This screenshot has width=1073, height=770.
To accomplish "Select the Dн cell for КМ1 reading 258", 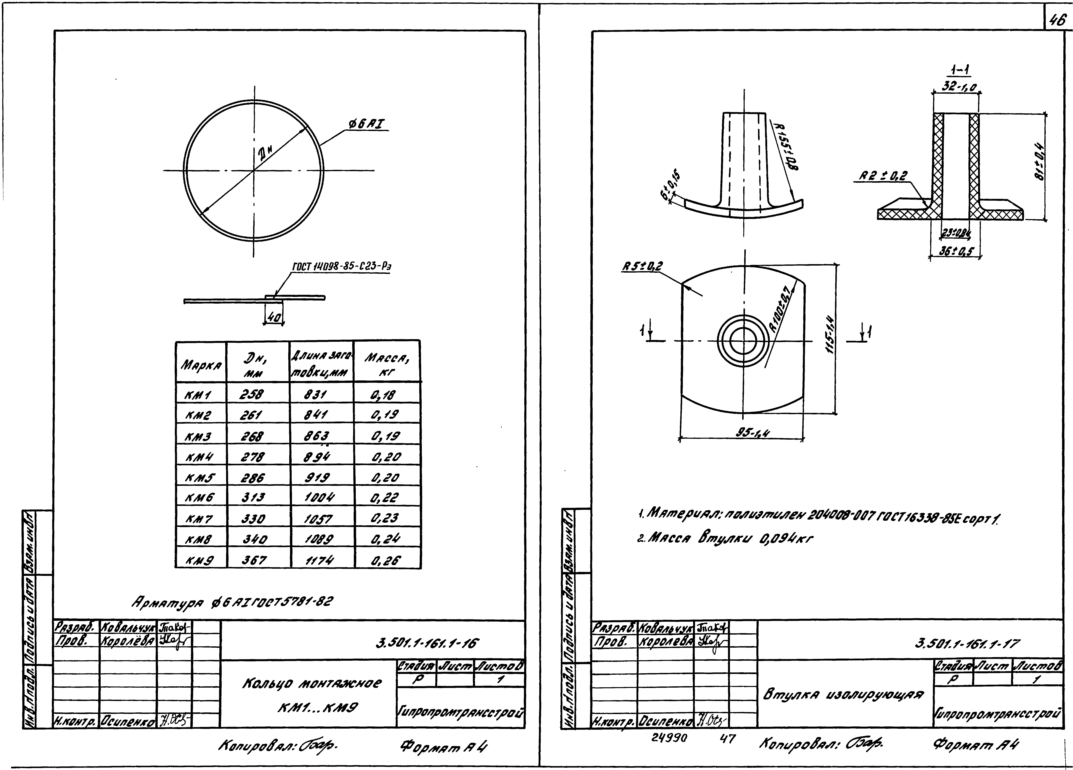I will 252,394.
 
